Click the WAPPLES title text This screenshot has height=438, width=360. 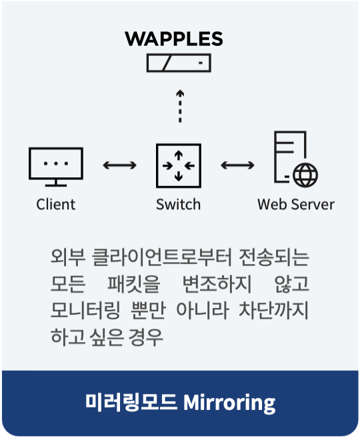click(x=174, y=39)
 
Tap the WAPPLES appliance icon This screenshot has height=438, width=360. click(x=179, y=63)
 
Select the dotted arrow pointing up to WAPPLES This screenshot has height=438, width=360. click(x=180, y=106)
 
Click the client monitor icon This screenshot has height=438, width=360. click(x=56, y=167)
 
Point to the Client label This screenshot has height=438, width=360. click(x=55, y=204)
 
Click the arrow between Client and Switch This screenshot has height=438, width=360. click(x=119, y=165)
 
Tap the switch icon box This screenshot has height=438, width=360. click(x=179, y=165)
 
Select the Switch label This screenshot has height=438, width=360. click(x=178, y=204)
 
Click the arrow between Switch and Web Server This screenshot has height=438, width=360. click(x=237, y=165)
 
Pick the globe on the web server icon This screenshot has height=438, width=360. click(x=305, y=175)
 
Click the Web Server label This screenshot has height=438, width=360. click(x=296, y=204)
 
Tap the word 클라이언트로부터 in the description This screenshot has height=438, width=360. click(x=162, y=257)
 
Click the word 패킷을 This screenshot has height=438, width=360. click(x=134, y=284)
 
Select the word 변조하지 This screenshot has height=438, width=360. click(x=217, y=284)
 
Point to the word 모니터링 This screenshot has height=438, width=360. click(x=85, y=311)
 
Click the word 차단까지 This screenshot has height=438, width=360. click(x=274, y=311)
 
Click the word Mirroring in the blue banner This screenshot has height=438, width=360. click(x=229, y=403)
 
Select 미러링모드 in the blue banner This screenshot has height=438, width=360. click(x=131, y=402)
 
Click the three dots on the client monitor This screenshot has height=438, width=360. click(x=56, y=163)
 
